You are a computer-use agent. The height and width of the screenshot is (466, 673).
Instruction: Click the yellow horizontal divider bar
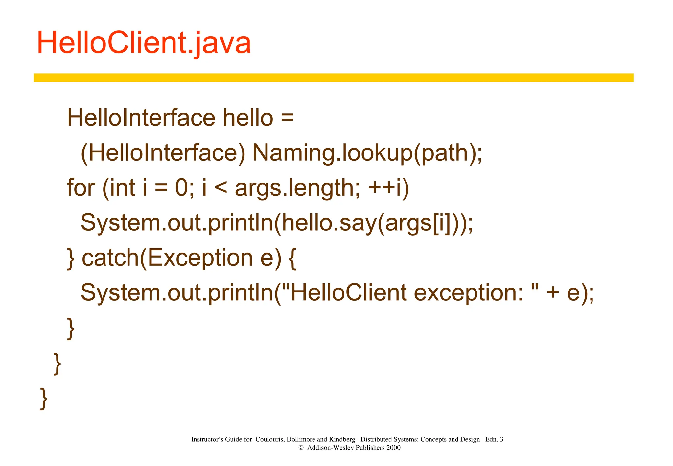coord(333,78)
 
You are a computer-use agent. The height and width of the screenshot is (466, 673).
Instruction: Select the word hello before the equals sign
coord(248,118)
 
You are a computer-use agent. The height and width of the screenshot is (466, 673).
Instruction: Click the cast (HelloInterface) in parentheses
coord(163,153)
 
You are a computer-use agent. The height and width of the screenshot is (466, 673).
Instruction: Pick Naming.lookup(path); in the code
coord(367,153)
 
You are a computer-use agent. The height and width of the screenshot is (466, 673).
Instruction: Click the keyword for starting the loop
coord(81,188)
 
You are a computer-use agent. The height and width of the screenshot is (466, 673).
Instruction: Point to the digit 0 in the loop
coord(181,188)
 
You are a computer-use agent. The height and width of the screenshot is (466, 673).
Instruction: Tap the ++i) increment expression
coord(389,188)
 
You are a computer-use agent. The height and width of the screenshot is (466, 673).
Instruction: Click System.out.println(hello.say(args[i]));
coord(277,223)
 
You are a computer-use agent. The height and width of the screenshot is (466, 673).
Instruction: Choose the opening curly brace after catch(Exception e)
coord(292,258)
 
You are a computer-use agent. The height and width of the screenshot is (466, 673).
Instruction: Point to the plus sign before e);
coord(553,293)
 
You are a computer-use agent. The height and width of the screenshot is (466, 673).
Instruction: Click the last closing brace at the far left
coord(44,398)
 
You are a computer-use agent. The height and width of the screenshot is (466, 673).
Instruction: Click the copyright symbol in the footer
coord(301,448)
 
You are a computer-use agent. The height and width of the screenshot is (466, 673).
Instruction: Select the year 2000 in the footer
coord(393,448)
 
